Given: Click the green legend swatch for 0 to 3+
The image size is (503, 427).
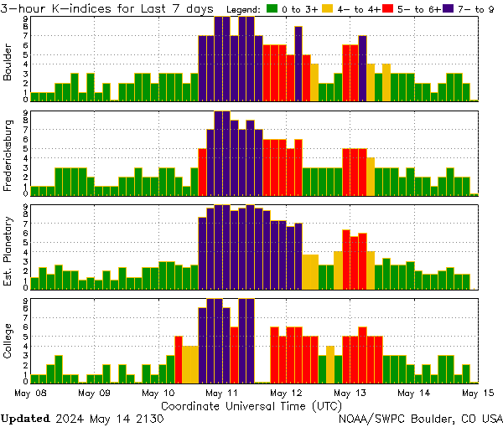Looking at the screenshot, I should click(272, 8).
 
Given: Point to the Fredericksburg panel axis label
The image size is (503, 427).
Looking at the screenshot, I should click(9, 155).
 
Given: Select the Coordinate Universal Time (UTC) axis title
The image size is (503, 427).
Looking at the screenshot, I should click(251, 405).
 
